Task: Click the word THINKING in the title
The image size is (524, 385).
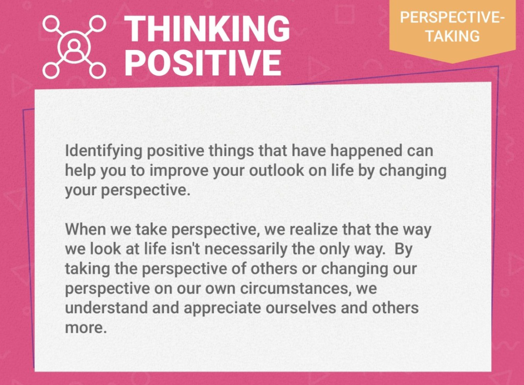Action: coord(207,29)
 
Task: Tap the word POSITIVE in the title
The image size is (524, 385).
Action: coord(203,62)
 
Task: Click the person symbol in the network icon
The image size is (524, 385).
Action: coord(74,46)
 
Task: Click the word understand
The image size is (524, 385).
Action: coord(101,309)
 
